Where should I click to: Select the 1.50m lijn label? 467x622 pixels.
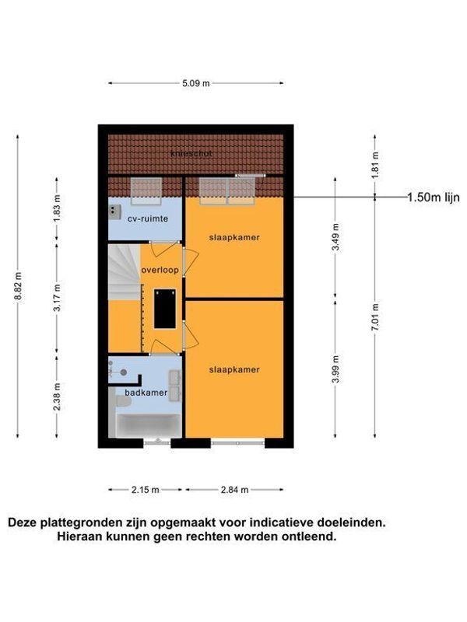434,197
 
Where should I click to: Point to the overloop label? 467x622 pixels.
160,270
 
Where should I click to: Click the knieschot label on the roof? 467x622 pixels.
191,154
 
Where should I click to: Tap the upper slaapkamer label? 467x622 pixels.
233,236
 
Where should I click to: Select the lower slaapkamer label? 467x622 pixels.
233,369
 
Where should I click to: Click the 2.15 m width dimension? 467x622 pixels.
145,490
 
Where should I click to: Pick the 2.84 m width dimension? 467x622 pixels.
233,490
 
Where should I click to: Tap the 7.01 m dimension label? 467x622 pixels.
375,320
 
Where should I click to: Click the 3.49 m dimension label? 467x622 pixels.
335,237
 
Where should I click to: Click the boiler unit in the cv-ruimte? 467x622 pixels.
114,210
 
